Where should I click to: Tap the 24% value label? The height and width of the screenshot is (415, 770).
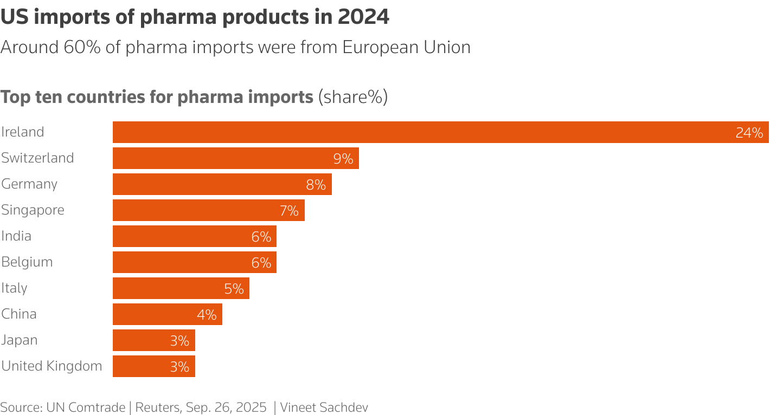pos(749,133)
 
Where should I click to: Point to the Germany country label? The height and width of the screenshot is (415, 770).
pos(29,184)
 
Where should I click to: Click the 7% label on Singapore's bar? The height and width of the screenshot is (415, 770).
pos(289,211)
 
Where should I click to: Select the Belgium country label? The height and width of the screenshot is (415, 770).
pos(27,262)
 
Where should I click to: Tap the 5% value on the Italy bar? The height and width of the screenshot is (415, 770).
pos(234,289)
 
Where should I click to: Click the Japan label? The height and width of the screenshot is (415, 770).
pos(20,340)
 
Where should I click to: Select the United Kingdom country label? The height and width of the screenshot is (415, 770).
pos(52,366)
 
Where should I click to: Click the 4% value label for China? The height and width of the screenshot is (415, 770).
pos(207,315)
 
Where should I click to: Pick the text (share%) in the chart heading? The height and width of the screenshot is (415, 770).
pos(352,98)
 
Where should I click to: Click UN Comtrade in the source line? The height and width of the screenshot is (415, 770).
pos(86,407)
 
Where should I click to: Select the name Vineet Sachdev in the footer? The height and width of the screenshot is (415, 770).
pos(324,407)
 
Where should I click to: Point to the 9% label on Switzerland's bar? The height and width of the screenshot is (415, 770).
pos(343,159)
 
